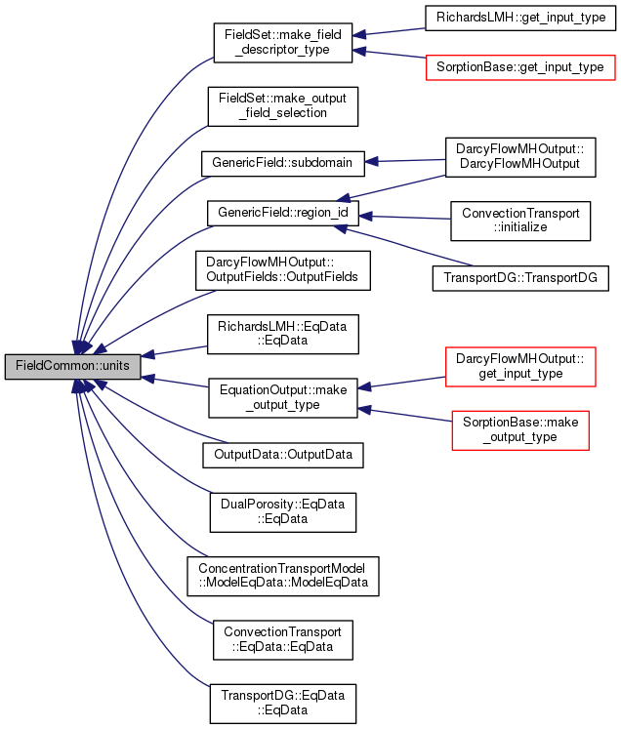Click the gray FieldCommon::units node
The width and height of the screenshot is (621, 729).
click(x=73, y=366)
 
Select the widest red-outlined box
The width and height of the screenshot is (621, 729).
click(x=520, y=67)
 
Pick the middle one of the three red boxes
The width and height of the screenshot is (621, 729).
click(x=520, y=367)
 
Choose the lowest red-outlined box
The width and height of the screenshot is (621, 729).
click(x=519, y=430)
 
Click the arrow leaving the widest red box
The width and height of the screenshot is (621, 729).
click(x=391, y=54)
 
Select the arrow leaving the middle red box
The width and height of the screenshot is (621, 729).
click(x=405, y=382)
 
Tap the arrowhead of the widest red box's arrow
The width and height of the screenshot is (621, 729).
click(x=359, y=50)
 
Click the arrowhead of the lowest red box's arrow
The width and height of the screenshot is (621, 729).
click(x=364, y=410)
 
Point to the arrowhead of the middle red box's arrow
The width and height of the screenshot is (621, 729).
click(x=364, y=387)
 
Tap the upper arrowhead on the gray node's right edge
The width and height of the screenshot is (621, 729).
click(x=148, y=354)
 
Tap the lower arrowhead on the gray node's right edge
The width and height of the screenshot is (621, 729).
click(x=148, y=378)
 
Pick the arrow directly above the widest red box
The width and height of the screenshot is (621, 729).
click(x=391, y=32)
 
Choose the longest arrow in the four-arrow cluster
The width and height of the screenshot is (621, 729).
click(x=405, y=246)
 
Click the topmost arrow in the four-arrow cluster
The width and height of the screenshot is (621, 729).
click(x=405, y=160)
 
